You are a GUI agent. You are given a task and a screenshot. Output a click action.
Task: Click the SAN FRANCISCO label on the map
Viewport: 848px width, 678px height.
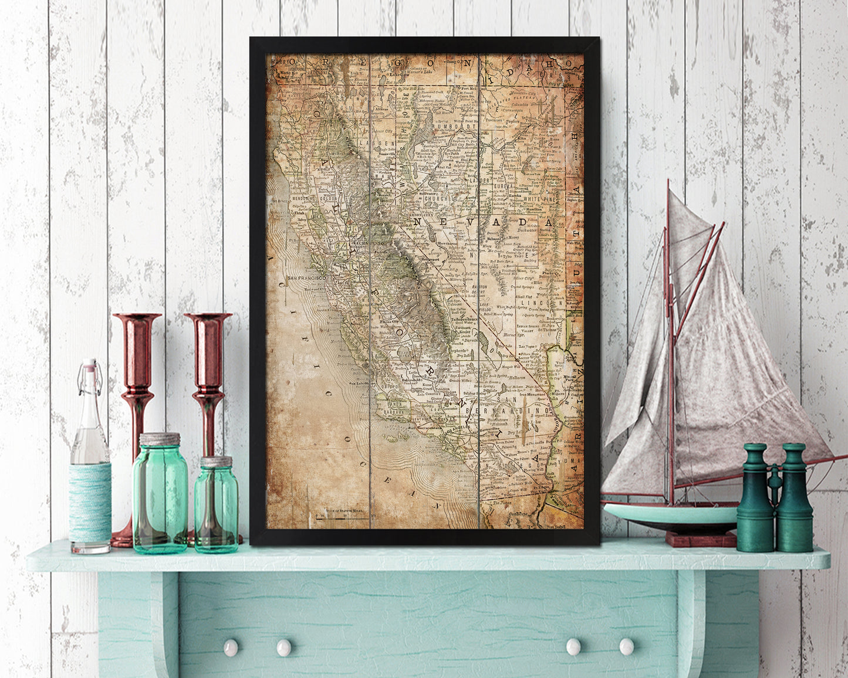point(306,277)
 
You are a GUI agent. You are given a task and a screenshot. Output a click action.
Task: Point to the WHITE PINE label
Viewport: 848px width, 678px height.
point(540,200)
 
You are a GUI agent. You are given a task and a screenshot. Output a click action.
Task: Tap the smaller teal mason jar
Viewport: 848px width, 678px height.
point(216,507)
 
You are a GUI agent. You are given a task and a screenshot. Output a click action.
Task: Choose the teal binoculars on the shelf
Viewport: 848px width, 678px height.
point(775,499)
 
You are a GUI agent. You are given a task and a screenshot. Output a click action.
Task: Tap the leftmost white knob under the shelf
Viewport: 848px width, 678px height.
point(231,647)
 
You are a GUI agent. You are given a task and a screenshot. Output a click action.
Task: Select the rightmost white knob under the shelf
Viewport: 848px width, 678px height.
point(626,646)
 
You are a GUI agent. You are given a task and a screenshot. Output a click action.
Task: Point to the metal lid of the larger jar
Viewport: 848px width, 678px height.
point(160,439)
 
